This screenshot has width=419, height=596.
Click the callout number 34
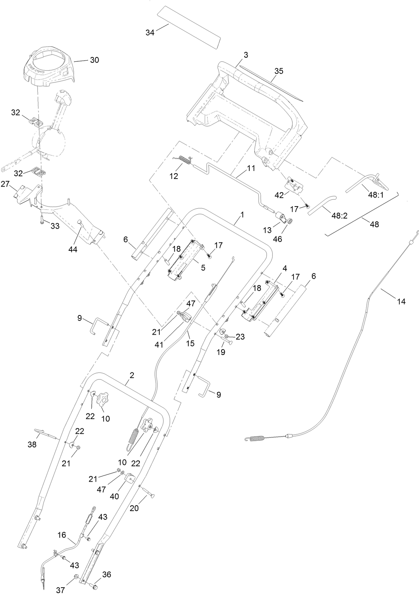(x=150, y=33)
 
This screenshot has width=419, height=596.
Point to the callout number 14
(x=401, y=301)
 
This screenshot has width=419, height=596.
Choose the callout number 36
(x=107, y=575)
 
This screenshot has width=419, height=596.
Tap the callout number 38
(x=32, y=444)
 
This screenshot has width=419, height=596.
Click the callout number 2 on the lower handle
(x=132, y=375)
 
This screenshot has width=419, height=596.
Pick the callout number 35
(x=278, y=71)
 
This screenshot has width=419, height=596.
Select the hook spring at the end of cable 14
(x=258, y=438)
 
